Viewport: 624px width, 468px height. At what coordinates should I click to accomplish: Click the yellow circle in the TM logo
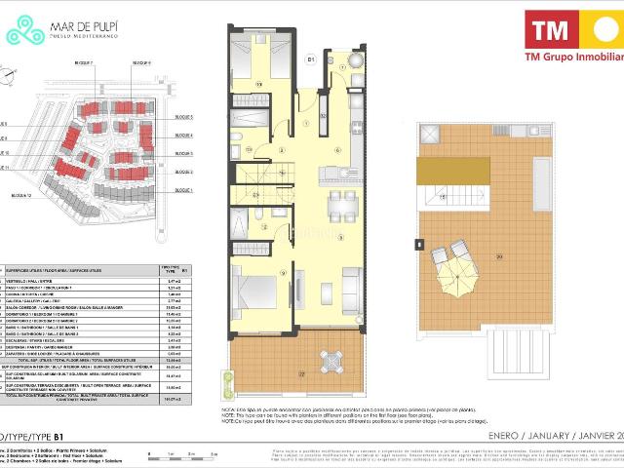pyautogui.click(x=599, y=28)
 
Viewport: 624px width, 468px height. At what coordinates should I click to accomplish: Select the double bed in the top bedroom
pyautogui.click(x=261, y=65)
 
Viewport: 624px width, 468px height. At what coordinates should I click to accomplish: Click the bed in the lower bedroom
pyautogui.click(x=261, y=290)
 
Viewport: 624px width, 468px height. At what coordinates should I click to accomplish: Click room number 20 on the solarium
pyautogui.click(x=498, y=256)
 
